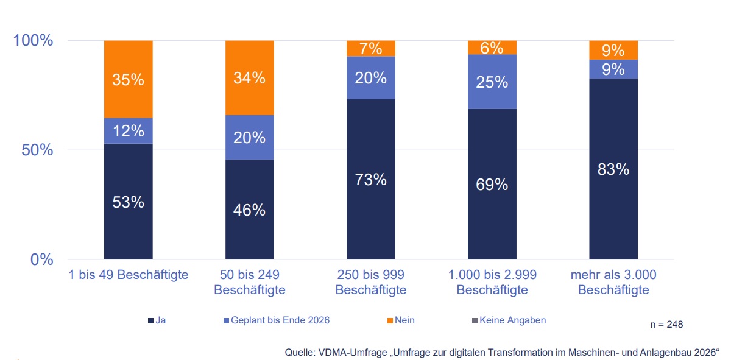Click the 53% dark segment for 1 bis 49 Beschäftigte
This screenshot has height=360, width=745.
click(128, 202)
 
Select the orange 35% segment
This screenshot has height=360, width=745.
click(128, 79)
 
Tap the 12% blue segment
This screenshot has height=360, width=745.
click(128, 130)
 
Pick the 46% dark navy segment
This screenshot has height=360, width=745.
click(249, 210)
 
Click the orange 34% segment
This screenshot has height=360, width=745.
click(249, 78)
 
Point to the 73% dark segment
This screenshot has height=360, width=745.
click(371, 180)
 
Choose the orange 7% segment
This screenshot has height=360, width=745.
click(371, 49)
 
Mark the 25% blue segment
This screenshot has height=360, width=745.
click(492, 82)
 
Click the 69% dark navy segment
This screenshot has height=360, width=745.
click(492, 184)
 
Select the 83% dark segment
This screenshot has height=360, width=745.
click(613, 169)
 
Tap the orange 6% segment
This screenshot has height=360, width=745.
click(492, 48)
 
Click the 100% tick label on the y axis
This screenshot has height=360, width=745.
click(34, 41)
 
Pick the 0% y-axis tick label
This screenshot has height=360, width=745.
click(41, 259)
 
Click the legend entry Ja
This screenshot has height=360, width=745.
click(157, 320)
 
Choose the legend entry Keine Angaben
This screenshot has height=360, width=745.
click(507, 320)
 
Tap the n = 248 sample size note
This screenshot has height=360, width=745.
click(666, 325)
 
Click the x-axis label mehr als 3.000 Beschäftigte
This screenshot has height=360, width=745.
click(613, 283)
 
